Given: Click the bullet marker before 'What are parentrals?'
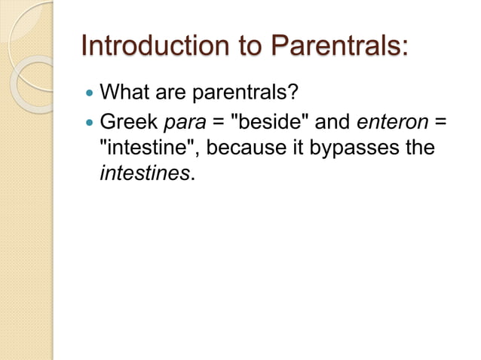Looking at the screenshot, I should coord(90,94).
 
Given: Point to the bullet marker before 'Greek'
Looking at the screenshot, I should coord(90,121).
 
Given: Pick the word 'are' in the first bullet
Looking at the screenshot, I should coord(172,94).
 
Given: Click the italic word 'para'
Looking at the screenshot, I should coord(185,121).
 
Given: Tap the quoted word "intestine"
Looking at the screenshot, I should coord(149,148).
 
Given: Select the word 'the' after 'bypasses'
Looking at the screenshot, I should coord(419,148).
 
